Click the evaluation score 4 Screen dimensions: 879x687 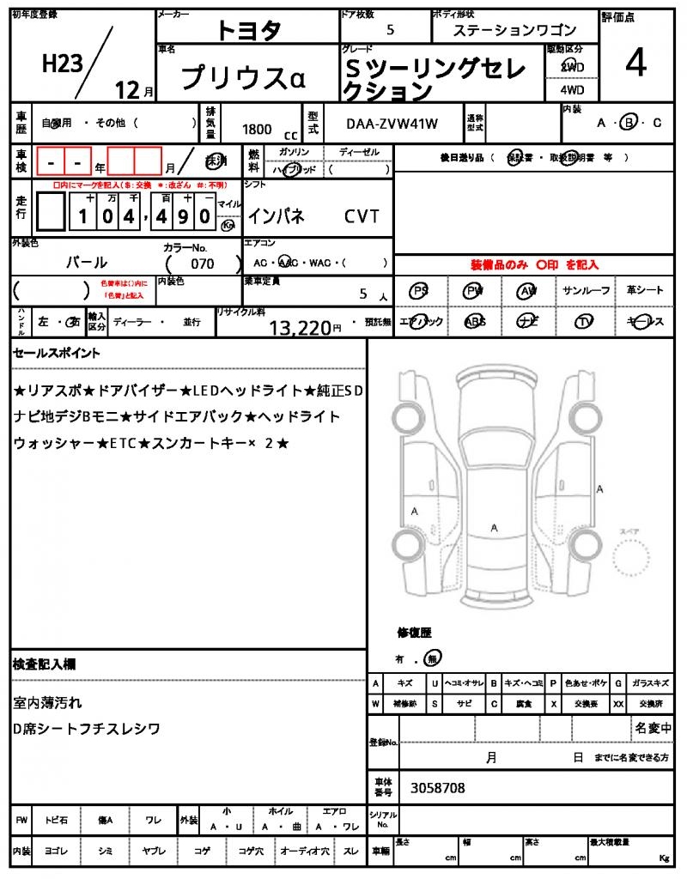[x=635, y=64]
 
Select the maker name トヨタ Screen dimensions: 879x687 [x=248, y=30]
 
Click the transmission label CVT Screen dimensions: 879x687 [x=362, y=217]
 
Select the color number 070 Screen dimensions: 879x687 [x=203, y=264]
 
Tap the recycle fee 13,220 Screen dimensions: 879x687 [x=300, y=327]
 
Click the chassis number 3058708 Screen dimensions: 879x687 [x=438, y=787]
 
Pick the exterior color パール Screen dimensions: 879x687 [x=87, y=263]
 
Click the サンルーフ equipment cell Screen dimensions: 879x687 [x=587, y=291]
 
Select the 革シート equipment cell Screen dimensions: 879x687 [x=645, y=291]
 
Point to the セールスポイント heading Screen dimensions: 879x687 [x=57, y=353]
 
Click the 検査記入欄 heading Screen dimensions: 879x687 [x=45, y=664]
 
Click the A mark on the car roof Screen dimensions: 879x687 [x=494, y=528]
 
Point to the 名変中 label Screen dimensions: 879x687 [x=654, y=728]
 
